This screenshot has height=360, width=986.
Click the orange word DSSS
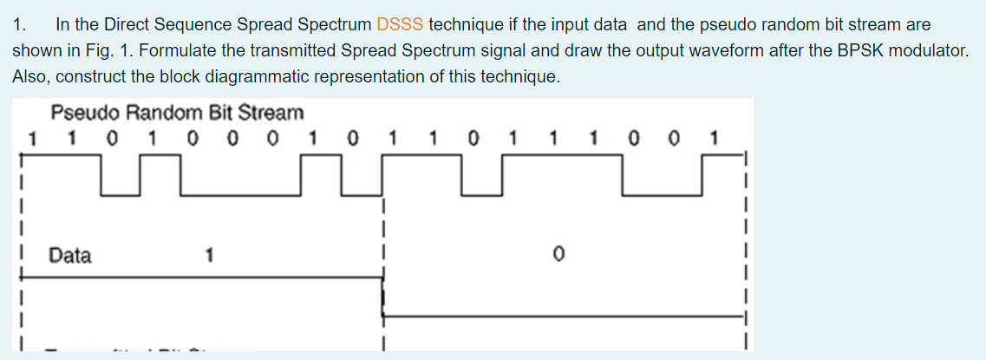(401, 25)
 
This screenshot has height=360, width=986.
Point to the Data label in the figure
(70, 255)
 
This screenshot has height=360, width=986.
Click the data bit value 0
(559, 255)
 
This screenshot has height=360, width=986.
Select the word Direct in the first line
(127, 25)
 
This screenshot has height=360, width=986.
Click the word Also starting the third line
(29, 76)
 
